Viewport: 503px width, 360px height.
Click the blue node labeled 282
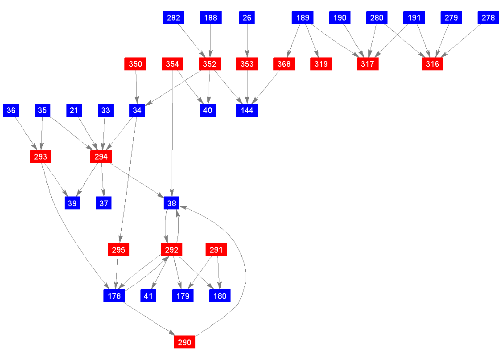point(173,18)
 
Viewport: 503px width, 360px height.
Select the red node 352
point(210,64)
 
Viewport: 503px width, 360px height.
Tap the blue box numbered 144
point(247,110)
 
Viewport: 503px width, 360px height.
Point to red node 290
point(185,342)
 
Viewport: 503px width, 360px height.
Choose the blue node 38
point(172,203)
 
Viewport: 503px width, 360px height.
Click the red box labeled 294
point(101,157)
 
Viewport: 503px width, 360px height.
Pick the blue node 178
point(114,296)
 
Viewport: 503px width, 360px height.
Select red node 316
point(433,64)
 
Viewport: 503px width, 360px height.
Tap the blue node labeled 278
point(488,18)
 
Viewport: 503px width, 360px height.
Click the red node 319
point(321,64)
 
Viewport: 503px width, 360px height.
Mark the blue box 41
point(148,296)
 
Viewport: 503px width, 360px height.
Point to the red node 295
point(119,250)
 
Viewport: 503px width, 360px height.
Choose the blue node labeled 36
point(11,110)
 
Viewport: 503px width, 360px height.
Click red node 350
point(136,64)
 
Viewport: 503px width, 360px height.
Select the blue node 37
point(103,203)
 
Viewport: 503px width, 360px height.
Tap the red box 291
point(216,250)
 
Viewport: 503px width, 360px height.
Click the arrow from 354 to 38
point(173,134)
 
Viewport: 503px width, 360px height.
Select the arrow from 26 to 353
point(247,41)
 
